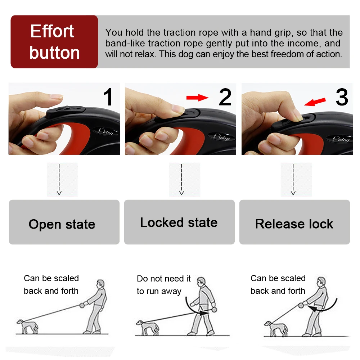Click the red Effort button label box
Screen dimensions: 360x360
coord(54,41)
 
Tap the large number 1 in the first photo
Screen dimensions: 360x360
coord(108,97)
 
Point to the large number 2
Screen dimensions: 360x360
coord(225,97)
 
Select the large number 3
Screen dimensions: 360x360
coord(342,97)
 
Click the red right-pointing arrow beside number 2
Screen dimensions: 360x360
coord(197,98)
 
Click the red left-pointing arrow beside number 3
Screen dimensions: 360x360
coord(315,102)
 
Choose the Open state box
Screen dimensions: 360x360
coord(64,222)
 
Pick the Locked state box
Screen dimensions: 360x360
coord(179,222)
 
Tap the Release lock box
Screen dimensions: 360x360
coord(294,222)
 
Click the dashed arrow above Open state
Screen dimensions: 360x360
coord(59,179)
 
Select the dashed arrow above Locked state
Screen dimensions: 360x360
coord(181,179)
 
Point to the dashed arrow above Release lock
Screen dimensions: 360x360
coord(293,179)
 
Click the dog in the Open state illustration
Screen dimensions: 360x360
coord(28,326)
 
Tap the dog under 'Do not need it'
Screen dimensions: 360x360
coord(147,328)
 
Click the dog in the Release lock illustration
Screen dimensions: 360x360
coord(276,329)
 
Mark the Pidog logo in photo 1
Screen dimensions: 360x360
coord(106,131)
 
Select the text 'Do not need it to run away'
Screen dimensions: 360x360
coord(163,285)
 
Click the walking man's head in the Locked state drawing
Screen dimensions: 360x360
coord(202,282)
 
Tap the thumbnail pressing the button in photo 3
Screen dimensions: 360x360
coord(299,118)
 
